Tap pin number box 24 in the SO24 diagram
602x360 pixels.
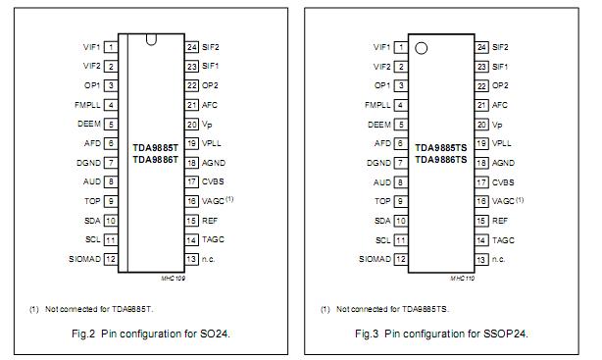(x=192, y=47)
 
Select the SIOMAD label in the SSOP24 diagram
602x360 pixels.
(x=375, y=259)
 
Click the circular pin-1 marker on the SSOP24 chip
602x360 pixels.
(x=423, y=48)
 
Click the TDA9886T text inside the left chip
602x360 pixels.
(x=155, y=159)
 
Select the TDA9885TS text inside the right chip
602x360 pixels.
(x=441, y=146)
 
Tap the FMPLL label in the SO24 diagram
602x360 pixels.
(x=85, y=105)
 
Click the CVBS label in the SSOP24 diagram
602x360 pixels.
(x=503, y=181)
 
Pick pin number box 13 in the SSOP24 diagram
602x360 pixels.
(x=482, y=259)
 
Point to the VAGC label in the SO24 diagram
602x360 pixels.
(x=214, y=200)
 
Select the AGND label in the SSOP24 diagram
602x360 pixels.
(x=503, y=163)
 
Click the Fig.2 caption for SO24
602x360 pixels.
(x=153, y=334)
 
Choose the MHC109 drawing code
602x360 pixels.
(x=172, y=279)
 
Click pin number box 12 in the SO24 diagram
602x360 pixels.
(x=112, y=259)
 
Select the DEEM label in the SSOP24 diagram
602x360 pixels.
(x=378, y=125)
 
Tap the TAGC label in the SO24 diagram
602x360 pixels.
(x=213, y=239)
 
